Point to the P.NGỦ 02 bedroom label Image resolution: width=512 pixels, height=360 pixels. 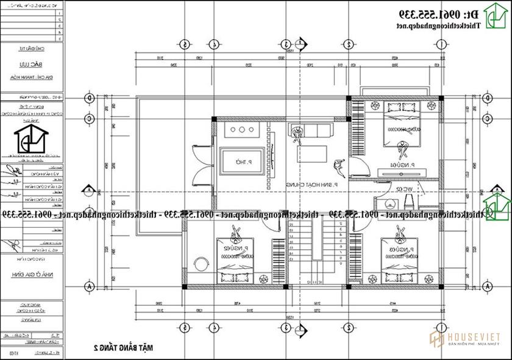tap(235, 249)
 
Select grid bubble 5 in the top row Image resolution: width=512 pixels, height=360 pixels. tap(184, 44)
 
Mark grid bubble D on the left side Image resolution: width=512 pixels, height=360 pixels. tap(89, 97)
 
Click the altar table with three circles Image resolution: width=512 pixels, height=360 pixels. tap(243, 130)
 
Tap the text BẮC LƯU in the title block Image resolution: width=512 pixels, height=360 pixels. tap(30, 63)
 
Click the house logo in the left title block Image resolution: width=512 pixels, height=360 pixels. tap(29, 138)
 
